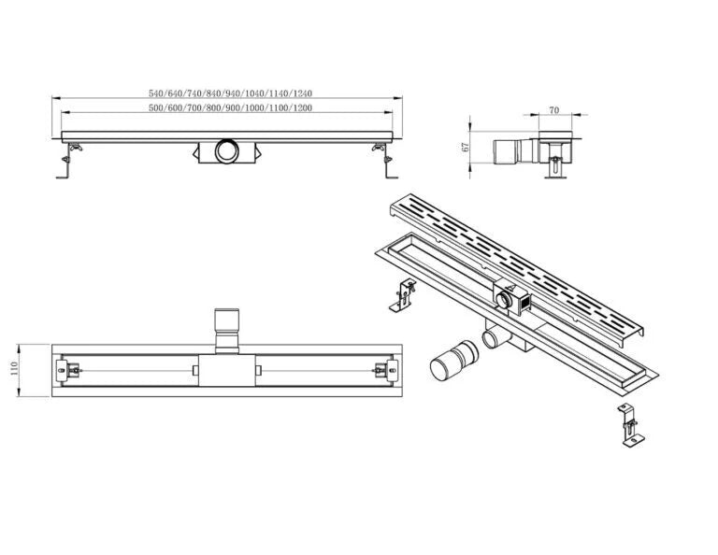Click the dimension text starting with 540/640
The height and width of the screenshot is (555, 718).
(230, 93)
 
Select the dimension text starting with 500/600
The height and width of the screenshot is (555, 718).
(230, 108)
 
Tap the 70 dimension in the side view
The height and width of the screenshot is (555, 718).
(553, 110)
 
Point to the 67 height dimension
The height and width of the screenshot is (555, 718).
(465, 146)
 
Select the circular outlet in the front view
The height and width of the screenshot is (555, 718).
(225, 149)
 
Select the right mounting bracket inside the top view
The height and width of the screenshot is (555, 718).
(381, 370)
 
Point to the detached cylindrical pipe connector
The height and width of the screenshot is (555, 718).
(449, 362)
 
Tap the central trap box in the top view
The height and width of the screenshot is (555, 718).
(225, 371)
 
